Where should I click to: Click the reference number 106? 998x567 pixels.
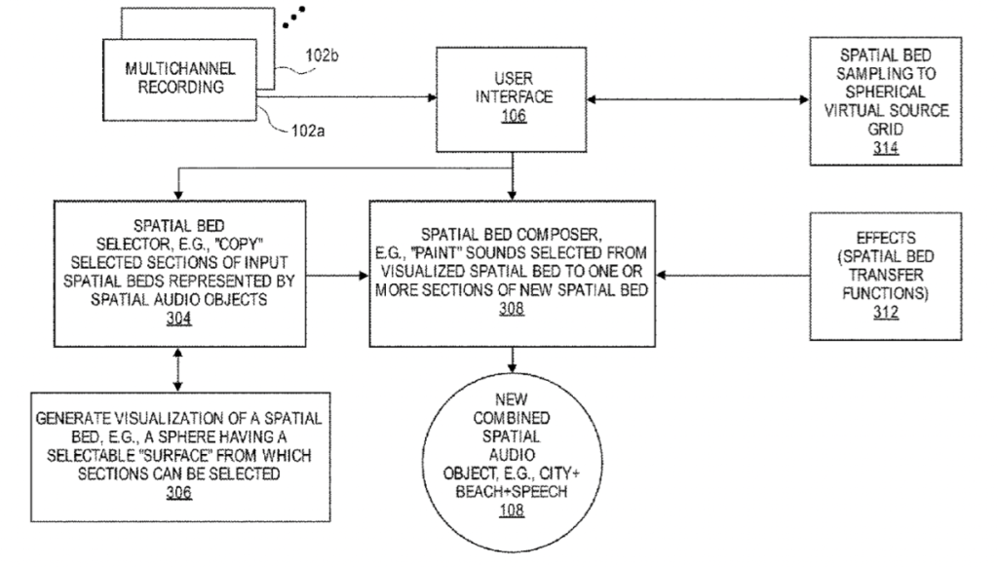(514, 116)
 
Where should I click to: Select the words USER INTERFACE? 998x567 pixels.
(514, 89)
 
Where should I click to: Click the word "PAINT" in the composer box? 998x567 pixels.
(475, 252)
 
